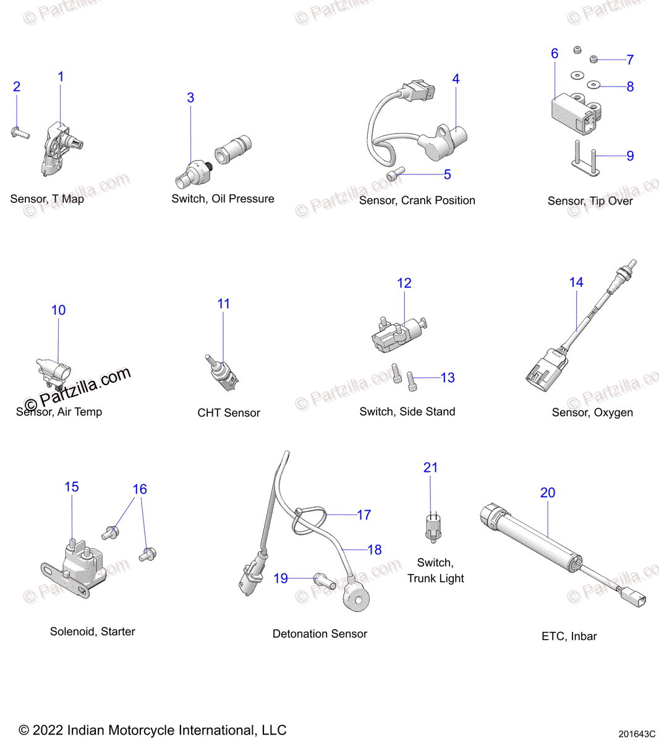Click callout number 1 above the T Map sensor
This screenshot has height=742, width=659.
[x=61, y=77]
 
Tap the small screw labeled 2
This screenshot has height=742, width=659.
[x=20, y=132]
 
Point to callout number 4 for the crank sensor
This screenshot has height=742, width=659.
[x=456, y=79]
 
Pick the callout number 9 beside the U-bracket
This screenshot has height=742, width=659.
[x=630, y=156]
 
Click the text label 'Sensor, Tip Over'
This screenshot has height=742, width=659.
[x=590, y=201]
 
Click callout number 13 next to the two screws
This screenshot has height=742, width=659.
[x=448, y=378]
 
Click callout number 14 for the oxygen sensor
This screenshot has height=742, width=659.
[x=576, y=283]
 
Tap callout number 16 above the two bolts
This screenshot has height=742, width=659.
[x=140, y=489]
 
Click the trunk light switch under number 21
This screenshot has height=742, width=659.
[x=433, y=528]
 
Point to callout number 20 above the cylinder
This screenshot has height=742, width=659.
[x=548, y=493]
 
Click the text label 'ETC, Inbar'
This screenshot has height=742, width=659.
[x=569, y=636]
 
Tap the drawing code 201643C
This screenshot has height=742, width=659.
[x=636, y=734]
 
